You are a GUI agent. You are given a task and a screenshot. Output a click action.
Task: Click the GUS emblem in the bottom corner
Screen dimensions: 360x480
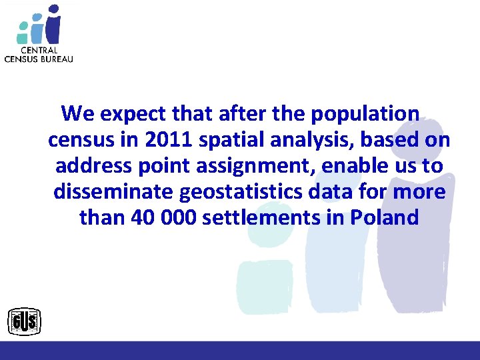click(24, 323)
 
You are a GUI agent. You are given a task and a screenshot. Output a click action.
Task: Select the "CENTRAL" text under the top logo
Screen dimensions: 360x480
click(39, 50)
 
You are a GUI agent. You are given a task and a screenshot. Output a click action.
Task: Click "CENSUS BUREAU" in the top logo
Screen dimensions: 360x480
click(39, 59)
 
